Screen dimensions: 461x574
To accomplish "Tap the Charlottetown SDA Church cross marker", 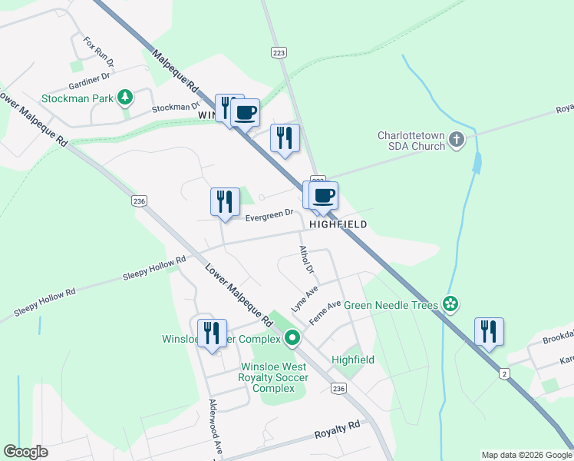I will point(457,139).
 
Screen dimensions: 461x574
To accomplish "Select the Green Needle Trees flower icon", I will point(450,305).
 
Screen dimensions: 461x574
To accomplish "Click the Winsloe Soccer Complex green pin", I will point(292,338).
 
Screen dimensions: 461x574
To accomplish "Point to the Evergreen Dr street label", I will point(269,217).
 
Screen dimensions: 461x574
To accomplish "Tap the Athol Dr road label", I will point(307,260).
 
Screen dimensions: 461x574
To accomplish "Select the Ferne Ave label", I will point(325,311).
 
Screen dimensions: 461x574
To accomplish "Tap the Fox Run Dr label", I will point(99,51).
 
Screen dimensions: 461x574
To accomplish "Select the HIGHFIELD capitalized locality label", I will point(338,224).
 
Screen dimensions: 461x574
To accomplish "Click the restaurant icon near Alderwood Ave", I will point(211,333).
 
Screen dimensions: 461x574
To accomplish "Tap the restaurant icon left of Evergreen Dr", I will point(225,202).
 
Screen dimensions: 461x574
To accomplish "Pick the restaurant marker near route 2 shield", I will point(488,332).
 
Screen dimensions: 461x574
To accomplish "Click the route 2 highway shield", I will point(504,373).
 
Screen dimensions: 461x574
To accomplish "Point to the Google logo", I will point(25,452).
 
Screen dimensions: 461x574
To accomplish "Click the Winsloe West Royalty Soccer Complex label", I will point(274,377).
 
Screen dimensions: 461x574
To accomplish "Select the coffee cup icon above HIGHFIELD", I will point(323,195).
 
